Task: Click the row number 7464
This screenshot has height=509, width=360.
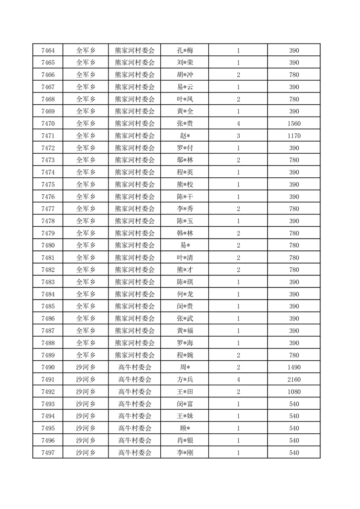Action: coord(48,50)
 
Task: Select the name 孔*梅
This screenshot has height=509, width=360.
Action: coord(185,50)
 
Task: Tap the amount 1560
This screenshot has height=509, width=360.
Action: coord(294,123)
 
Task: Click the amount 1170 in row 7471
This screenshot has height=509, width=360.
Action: coord(294,136)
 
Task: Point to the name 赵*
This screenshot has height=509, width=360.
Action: coord(185,136)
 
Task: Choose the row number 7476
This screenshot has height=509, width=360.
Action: coord(48,197)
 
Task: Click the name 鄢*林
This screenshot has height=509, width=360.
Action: coord(185,160)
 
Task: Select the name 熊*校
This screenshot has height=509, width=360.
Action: coord(185,185)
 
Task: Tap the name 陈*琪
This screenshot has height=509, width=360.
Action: coord(185,282)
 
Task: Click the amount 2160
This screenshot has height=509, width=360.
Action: coord(294,380)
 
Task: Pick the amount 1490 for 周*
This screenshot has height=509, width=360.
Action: coord(294,367)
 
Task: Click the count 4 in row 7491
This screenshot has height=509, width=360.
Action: coord(238,380)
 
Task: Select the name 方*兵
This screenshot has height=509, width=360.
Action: coord(185,380)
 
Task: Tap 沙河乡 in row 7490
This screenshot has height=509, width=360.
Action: coord(85,367)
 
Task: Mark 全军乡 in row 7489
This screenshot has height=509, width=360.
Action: coord(85,355)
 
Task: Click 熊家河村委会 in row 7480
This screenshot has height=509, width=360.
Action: coord(134,245)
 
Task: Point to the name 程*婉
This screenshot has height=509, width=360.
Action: coord(185,355)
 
